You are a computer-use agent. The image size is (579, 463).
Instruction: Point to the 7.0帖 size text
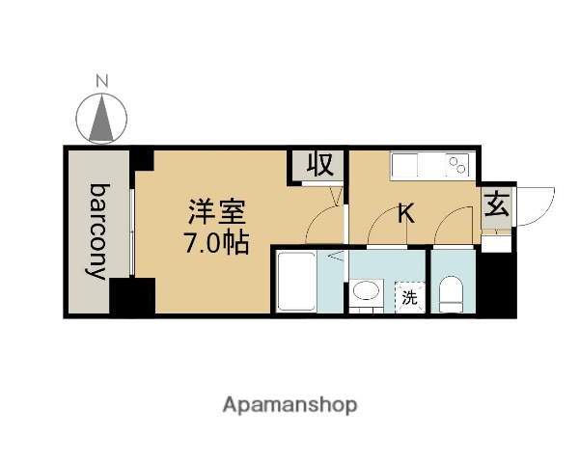point(217,241)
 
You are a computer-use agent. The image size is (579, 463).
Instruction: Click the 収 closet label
point(319,165)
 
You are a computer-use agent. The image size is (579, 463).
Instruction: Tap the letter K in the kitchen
point(406,212)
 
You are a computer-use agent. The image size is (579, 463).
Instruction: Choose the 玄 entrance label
point(496,206)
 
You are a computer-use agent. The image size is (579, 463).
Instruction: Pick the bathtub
point(298,281)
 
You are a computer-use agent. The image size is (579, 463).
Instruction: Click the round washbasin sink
point(366,291)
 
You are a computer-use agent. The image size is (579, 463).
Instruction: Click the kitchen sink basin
point(406,168)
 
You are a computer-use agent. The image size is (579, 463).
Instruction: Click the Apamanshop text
point(290,405)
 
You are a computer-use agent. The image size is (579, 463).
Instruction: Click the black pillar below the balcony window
point(132,296)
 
